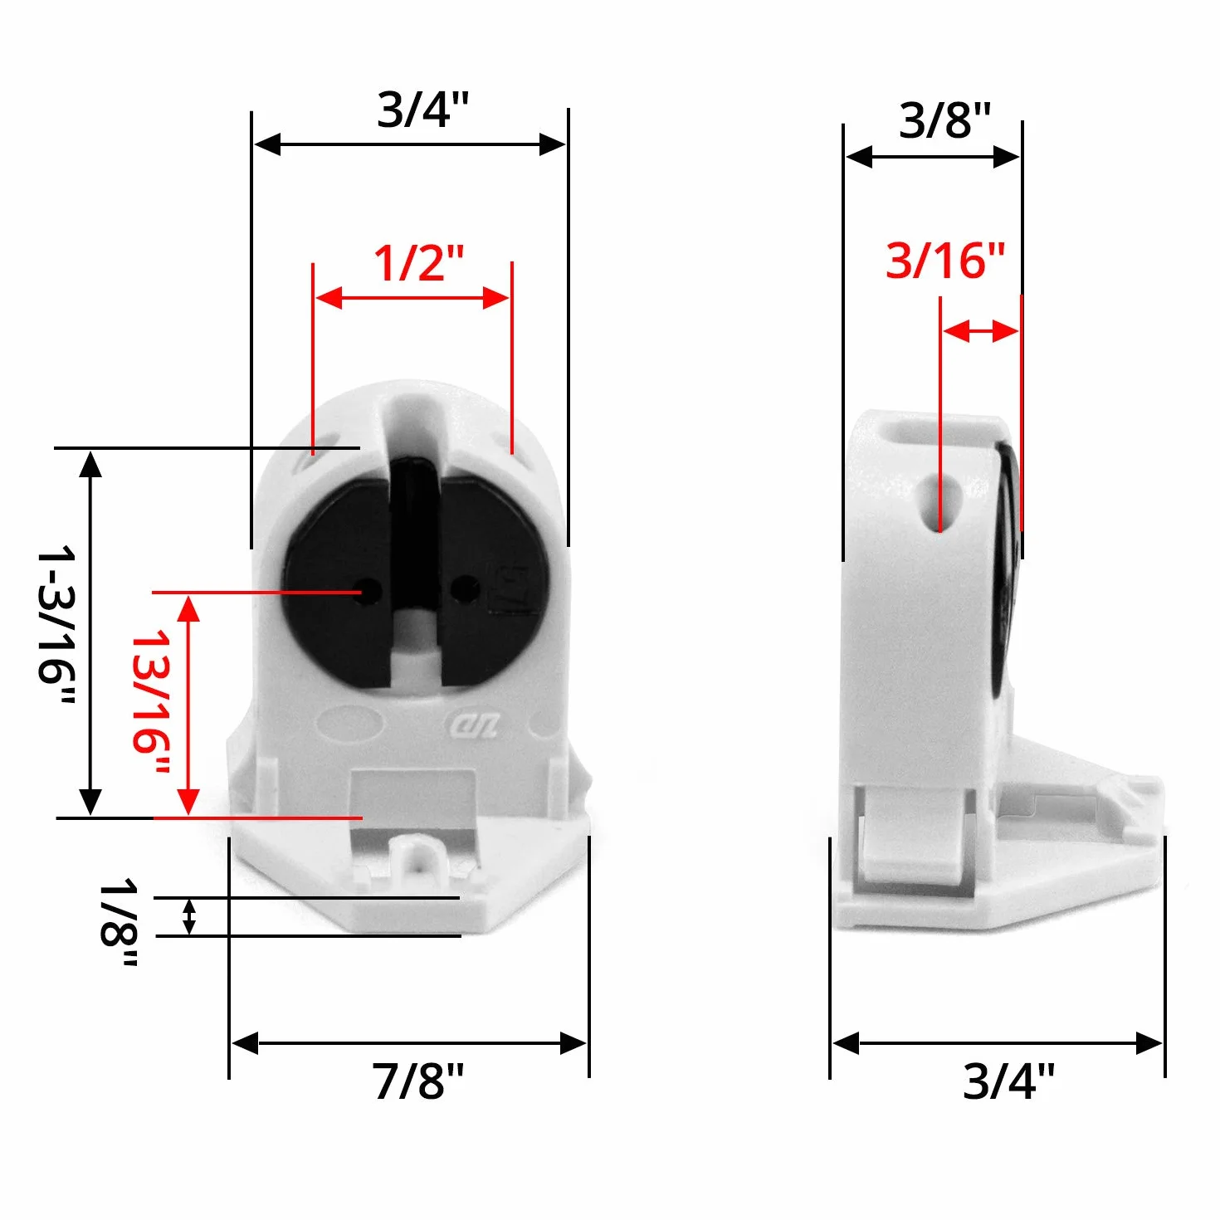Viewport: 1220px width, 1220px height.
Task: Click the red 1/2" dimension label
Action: tap(418, 262)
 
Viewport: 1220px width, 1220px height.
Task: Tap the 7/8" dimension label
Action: tap(417, 1081)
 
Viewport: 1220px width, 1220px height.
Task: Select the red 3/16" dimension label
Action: tap(944, 261)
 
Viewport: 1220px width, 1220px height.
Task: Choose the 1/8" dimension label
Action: tap(119, 922)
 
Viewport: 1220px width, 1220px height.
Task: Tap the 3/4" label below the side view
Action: tap(1008, 1081)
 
